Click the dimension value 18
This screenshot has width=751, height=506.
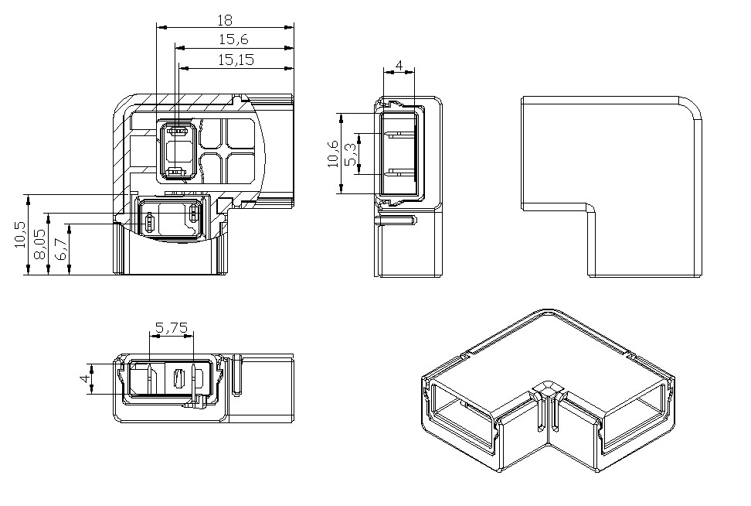click(225, 20)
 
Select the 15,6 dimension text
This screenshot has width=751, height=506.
click(234, 39)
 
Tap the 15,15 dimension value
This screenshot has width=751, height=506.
click(236, 60)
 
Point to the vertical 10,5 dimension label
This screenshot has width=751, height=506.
click(20, 234)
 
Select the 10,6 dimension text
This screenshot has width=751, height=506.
click(332, 153)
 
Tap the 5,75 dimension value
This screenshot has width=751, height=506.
click(172, 328)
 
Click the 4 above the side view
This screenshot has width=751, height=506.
click(399, 65)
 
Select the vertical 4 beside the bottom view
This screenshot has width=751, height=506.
click(85, 378)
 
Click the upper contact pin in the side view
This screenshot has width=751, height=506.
click(401, 134)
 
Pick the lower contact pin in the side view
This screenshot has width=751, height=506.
click(401, 173)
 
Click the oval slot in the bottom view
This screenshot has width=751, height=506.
click(178, 379)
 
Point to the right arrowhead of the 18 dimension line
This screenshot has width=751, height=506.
click(289, 27)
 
